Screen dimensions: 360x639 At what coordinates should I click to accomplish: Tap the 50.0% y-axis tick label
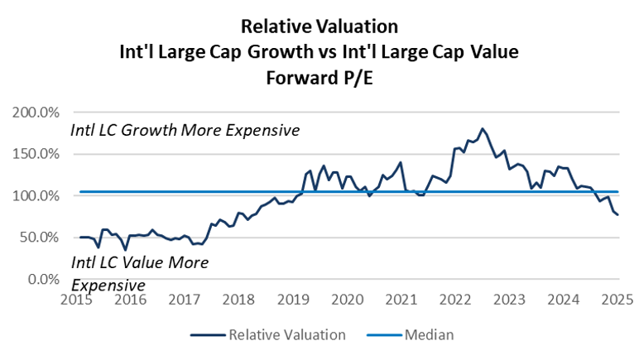(x=37, y=237)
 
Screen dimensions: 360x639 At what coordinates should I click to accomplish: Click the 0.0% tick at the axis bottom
(x=41, y=279)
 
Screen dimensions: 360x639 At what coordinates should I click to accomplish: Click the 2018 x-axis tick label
(x=238, y=298)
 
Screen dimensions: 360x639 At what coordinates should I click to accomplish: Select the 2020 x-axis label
(x=348, y=298)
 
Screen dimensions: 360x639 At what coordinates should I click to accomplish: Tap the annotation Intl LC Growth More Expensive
(x=185, y=131)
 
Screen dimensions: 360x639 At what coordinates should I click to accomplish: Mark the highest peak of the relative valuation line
(x=483, y=128)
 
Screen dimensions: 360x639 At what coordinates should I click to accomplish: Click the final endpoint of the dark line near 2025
(x=617, y=215)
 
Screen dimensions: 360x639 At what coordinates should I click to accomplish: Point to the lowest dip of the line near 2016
(x=125, y=249)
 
